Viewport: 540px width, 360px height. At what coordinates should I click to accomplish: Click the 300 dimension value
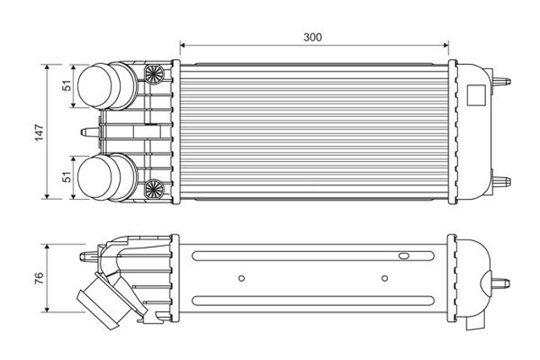313,36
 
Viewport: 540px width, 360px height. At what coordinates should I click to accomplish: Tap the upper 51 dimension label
65,85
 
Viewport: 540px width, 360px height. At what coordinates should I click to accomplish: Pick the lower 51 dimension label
65,177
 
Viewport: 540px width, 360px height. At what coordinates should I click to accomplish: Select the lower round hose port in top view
103,177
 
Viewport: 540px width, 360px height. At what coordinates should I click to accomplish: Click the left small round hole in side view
242,277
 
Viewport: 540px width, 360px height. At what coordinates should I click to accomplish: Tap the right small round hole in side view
385,277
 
